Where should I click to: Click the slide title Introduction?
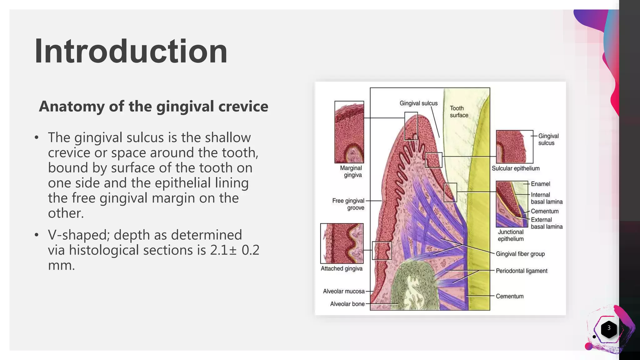pos(131,51)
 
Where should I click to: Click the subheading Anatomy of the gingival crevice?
pos(153,106)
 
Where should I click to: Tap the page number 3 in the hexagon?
pos(609,328)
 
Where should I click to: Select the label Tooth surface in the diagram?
pos(459,112)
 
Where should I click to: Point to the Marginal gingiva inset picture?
pos(349,132)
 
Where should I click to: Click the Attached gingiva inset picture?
pos(342,243)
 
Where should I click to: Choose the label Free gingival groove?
pos(348,204)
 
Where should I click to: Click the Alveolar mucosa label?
pos(344,291)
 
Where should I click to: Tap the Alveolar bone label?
pos(347,304)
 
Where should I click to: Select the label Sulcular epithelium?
pos(516,168)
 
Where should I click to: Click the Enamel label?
pos(540,184)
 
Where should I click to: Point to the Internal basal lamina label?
pos(546,198)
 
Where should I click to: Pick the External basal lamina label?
pos(546,223)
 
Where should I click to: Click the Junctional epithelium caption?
pos(511,235)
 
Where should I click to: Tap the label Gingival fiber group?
pos(520,254)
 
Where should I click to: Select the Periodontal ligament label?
pos(522,271)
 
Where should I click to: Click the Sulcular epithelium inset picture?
pos(514,147)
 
